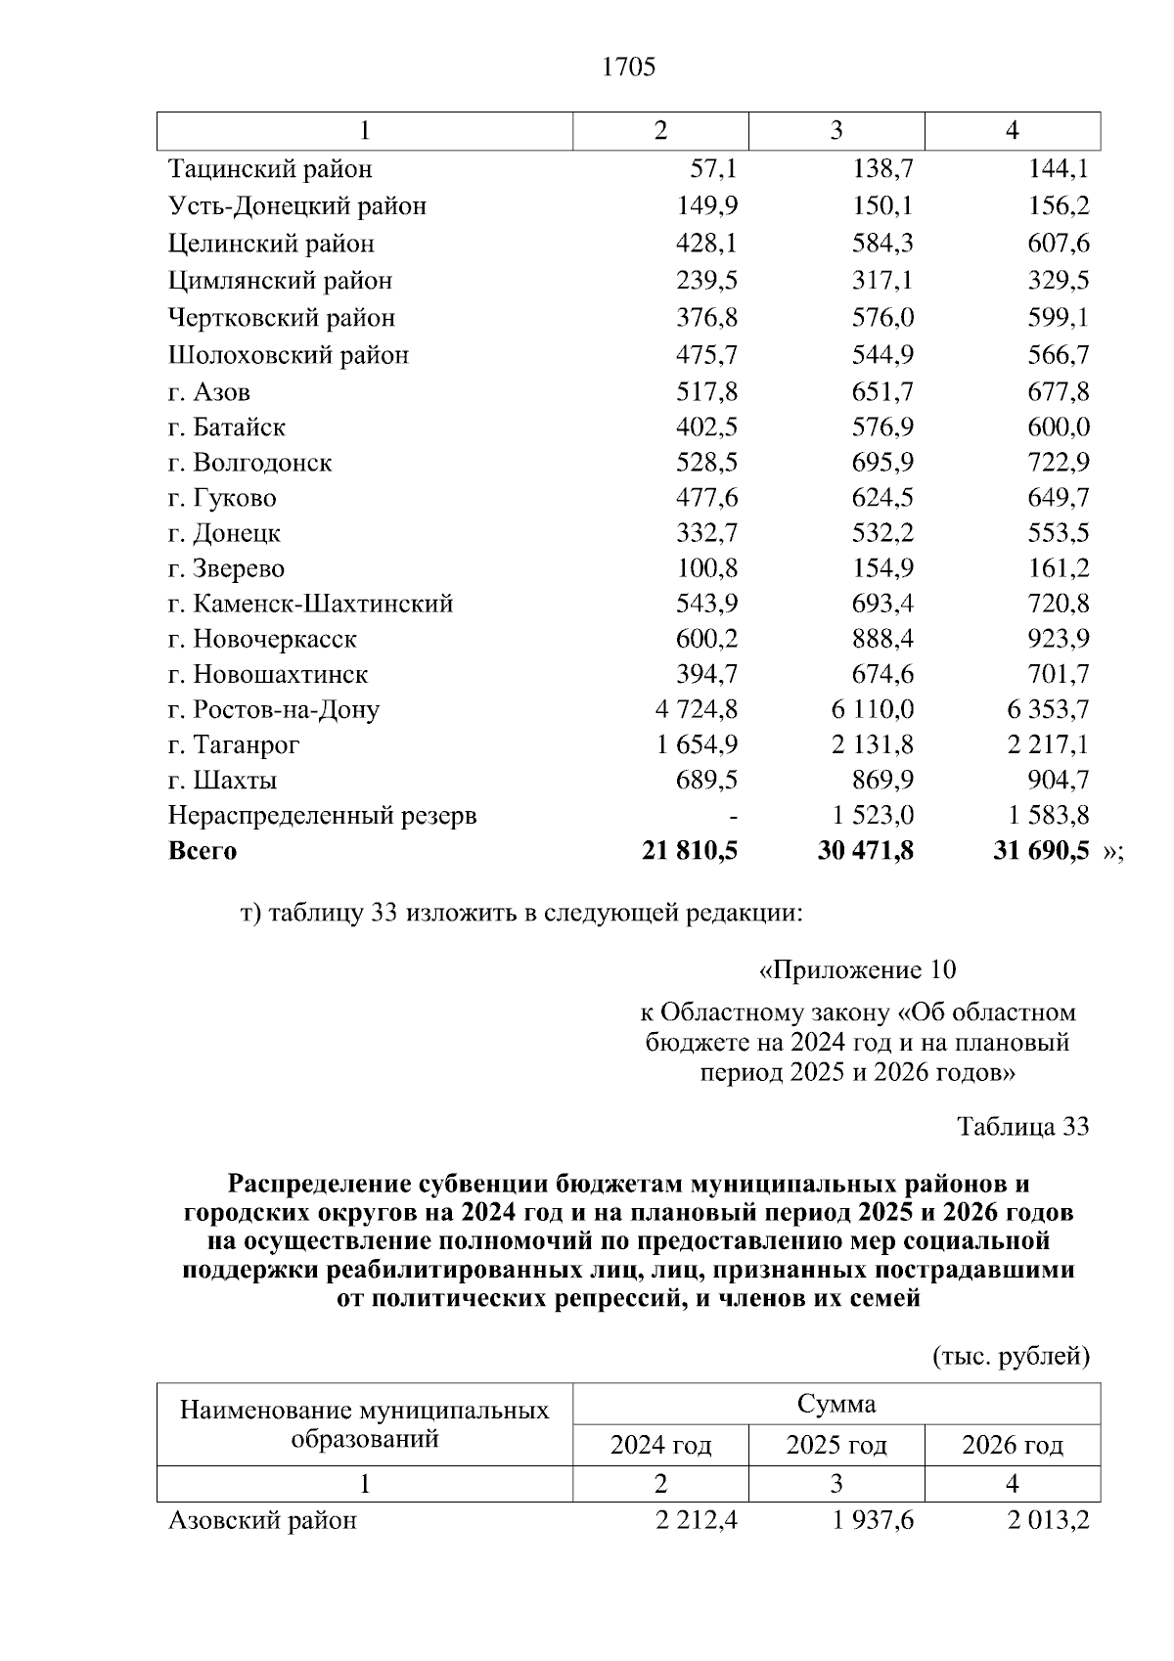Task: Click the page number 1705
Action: pos(628,67)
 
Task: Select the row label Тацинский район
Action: pos(270,169)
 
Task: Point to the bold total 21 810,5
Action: pos(690,851)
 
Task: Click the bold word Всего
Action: pos(203,851)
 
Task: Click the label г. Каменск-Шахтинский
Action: pos(310,604)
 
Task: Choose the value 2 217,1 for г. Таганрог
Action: pos(1048,745)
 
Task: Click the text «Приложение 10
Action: pos(857,970)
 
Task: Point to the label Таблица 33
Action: pos(1022,1127)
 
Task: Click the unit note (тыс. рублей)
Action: pos(1011,1357)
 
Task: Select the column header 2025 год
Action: pos(836,1445)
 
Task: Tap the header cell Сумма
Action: pos(836,1405)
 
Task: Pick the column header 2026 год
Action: pos(1013,1445)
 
